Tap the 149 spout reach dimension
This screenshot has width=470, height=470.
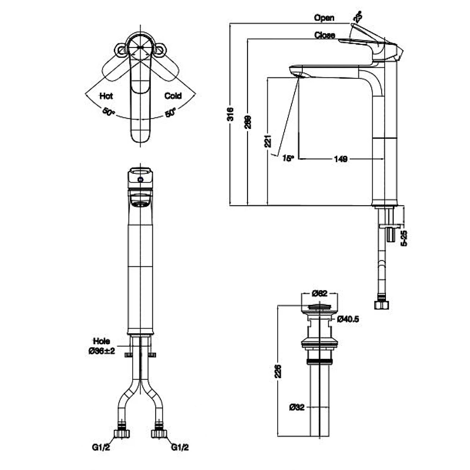(340, 158)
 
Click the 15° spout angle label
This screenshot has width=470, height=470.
(287, 157)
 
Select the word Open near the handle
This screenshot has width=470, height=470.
(324, 18)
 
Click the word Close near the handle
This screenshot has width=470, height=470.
(324, 36)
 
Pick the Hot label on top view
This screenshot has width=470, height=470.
(106, 96)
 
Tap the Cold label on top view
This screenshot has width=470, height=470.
(173, 96)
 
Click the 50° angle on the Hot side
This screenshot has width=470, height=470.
(109, 112)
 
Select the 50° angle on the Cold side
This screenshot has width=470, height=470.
(171, 112)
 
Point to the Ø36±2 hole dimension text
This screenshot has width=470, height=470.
(102, 350)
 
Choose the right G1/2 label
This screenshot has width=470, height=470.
(180, 448)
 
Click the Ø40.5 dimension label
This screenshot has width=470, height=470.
(348, 319)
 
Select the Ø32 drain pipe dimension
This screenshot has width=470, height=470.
(296, 407)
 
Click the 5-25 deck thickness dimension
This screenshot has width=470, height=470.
(405, 238)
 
